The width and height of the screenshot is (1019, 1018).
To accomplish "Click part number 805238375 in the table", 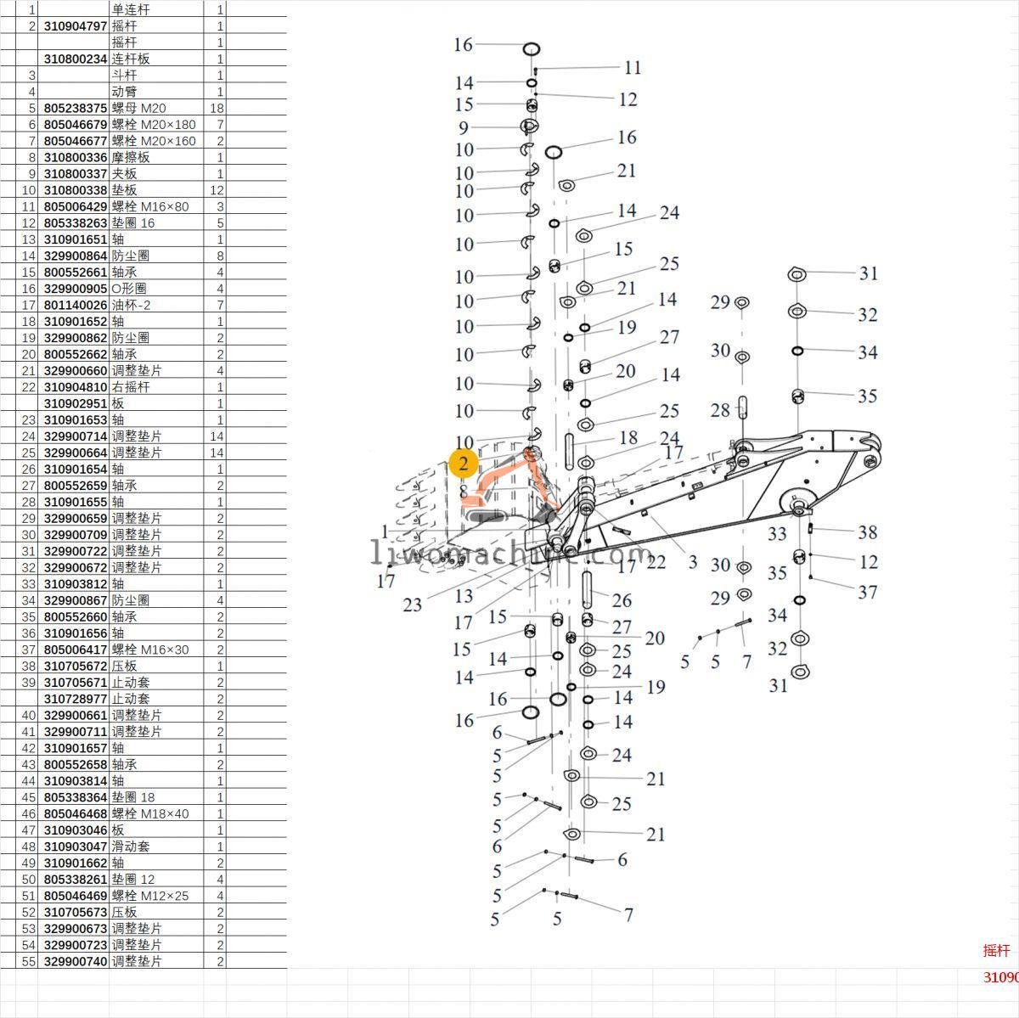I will [76, 108].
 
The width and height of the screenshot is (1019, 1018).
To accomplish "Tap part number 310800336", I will [76, 157].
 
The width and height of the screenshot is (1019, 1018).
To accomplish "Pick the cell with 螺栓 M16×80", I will [150, 206].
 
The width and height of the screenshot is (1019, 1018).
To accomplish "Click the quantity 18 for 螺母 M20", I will [216, 108].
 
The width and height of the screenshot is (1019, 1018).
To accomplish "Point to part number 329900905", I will [76, 289].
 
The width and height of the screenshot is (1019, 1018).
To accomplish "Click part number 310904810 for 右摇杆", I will [76, 387].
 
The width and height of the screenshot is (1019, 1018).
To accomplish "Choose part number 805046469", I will [76, 896].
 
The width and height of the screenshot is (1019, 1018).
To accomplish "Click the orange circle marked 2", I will [464, 464].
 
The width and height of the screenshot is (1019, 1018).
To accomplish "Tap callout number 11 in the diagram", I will [633, 68].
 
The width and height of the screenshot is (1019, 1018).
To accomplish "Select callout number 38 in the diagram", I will [867, 532].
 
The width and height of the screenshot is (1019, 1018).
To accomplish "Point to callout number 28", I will [720, 410].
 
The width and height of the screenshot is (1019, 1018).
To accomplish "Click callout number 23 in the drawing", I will [413, 605].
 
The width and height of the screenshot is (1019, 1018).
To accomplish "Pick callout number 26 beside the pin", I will [622, 600].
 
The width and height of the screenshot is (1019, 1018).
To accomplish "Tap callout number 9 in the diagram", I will [464, 128].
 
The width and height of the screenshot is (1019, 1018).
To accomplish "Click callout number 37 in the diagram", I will [867, 592].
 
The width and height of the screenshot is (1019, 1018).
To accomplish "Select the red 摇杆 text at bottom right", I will [997, 951].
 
